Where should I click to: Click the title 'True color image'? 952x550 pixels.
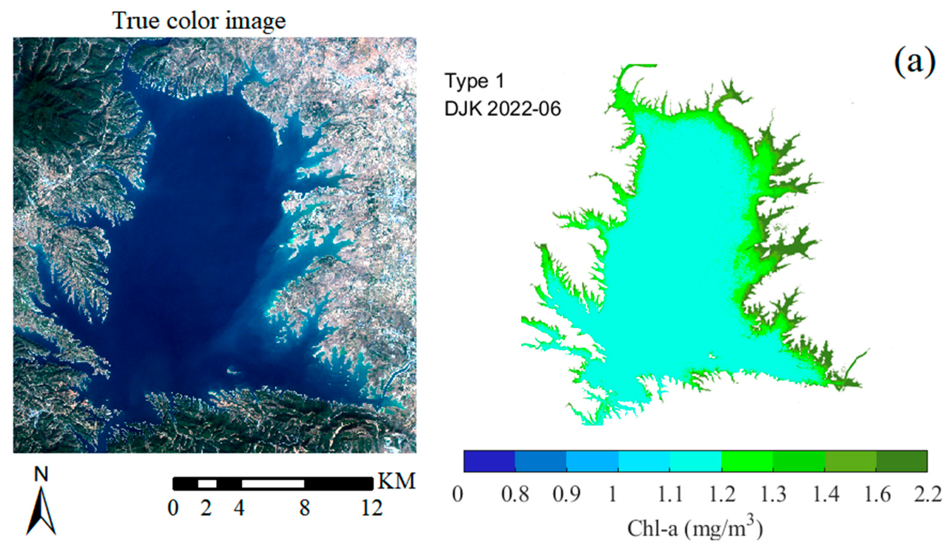click(199, 21)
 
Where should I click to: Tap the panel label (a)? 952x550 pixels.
click(915, 62)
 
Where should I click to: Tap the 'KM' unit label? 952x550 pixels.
click(396, 482)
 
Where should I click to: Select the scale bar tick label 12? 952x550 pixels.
click(372, 508)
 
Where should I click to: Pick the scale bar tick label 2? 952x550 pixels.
click(206, 508)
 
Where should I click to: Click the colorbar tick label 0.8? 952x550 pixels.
click(515, 494)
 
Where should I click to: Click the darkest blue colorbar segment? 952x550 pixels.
click(489, 461)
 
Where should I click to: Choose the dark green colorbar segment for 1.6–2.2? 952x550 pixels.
click(902, 461)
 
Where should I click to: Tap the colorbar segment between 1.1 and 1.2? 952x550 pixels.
click(695, 461)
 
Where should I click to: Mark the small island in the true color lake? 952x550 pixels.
click(233, 371)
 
